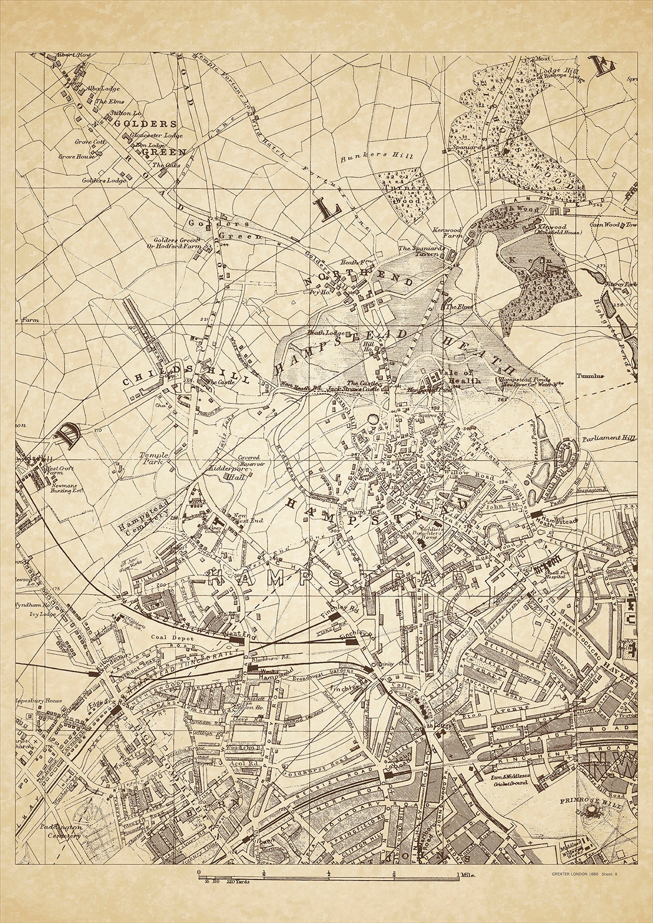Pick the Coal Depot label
point(165,638)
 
